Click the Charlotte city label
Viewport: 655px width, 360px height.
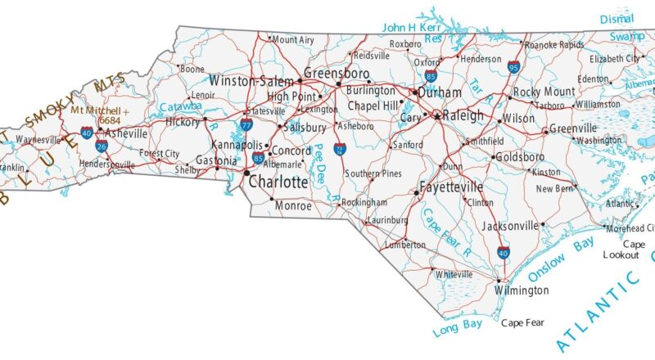click(278, 182)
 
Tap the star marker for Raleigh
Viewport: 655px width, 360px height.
click(438, 117)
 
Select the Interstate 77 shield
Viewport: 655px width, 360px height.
click(246, 125)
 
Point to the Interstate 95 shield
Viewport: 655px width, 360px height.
click(513, 67)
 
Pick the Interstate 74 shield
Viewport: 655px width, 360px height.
click(339, 148)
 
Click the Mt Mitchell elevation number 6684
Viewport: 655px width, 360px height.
click(110, 120)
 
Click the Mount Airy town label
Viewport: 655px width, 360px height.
click(293, 39)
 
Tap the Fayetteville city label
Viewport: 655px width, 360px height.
click(451, 187)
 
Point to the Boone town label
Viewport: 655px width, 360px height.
click(192, 70)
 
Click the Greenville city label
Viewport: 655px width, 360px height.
click(573, 128)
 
